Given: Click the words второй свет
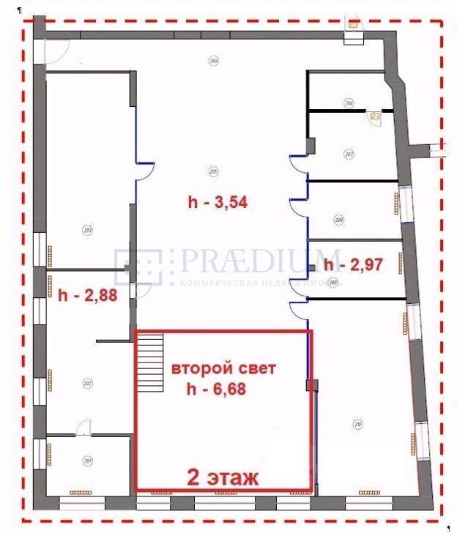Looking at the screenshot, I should coord(223,368).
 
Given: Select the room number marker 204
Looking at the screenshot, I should coord(213,61).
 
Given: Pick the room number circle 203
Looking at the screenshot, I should coord(87,230).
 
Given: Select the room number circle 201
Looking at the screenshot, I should coord(88,461).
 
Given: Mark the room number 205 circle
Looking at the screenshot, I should coord(213,173).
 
